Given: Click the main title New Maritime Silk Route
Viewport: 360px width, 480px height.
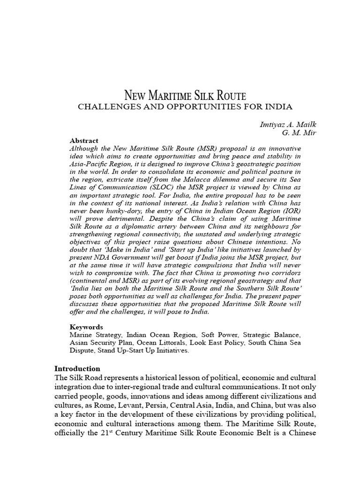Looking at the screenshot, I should (185, 96).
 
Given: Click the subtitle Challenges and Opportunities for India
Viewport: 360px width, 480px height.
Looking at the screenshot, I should (185, 107).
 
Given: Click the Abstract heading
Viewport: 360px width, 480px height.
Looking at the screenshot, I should (84, 141).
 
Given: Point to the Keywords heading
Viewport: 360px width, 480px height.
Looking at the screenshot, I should (86, 327).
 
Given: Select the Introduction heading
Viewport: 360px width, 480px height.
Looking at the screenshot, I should (77, 368).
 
